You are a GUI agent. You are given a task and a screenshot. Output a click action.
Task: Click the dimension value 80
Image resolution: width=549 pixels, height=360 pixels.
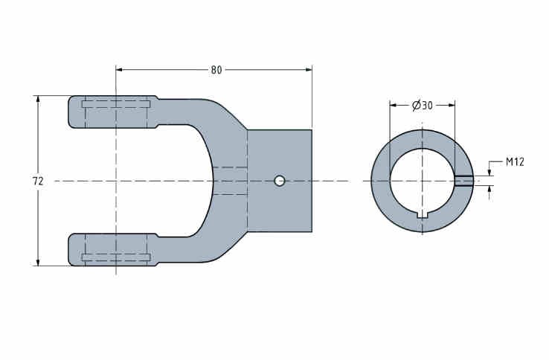(216, 70)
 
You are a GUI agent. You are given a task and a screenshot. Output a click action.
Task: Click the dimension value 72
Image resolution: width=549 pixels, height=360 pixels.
(38, 181)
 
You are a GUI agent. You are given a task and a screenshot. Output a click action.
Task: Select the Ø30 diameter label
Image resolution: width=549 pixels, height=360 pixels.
(423, 105)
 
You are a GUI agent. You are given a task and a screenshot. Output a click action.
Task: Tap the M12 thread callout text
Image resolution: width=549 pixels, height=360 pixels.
(515, 162)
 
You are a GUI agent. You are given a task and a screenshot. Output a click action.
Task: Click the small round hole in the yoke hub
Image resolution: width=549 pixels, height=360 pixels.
(280, 181)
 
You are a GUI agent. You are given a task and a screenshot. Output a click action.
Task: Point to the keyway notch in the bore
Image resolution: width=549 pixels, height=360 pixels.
(423, 215)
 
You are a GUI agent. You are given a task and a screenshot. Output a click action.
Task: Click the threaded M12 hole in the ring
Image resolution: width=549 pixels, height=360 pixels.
(464, 180)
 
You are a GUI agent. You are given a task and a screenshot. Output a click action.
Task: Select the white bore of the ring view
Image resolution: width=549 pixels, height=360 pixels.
(423, 181)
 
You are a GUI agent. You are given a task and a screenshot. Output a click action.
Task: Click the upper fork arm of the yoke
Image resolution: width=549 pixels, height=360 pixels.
(113, 112)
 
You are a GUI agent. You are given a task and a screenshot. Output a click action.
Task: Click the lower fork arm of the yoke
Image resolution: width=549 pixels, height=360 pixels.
(113, 250)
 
